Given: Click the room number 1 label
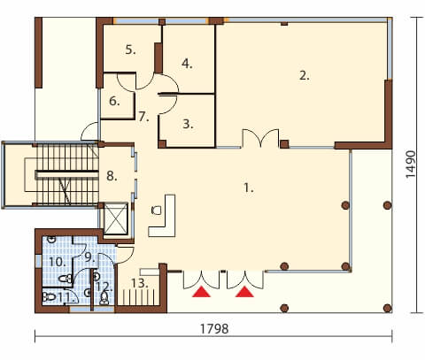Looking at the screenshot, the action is [x=249, y=188].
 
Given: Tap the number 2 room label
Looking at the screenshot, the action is [x=305, y=75].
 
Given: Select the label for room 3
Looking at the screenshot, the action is [x=188, y=124].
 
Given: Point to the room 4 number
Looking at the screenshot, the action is [x=187, y=64].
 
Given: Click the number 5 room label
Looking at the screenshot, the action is [x=130, y=50].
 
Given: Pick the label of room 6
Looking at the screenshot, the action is [x=114, y=101].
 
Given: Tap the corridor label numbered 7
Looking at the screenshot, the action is [x=143, y=117].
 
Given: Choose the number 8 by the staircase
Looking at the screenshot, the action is [x=112, y=176].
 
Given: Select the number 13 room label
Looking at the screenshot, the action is [x=139, y=283].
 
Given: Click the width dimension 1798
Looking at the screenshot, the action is [x=214, y=329].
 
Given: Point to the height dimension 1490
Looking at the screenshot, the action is [x=411, y=165].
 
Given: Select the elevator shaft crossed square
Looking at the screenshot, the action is [x=116, y=218].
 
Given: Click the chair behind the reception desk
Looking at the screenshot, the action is [x=156, y=211].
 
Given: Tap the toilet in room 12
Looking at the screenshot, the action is [x=104, y=298].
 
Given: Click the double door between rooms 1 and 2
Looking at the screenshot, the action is [x=260, y=138].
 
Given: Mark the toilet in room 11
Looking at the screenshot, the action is [x=49, y=297].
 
